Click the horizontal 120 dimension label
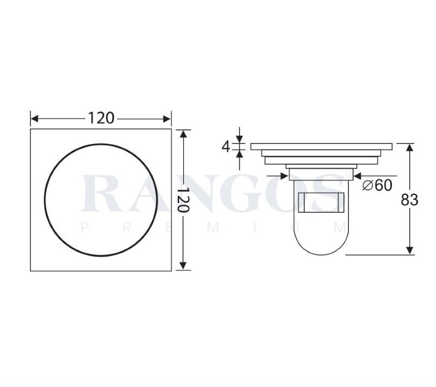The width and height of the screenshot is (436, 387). (101, 118)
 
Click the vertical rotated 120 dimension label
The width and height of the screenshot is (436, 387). (183, 200)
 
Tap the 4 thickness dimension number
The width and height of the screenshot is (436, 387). (226, 147)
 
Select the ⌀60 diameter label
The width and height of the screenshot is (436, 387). (377, 185)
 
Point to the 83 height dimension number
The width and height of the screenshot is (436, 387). (409, 200)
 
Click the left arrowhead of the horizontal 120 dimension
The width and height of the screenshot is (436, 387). (34, 119)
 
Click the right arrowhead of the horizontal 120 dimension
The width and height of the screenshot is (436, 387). (167, 119)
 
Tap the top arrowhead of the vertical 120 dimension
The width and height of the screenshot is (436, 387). (183, 134)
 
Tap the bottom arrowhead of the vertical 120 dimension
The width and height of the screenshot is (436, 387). (183, 266)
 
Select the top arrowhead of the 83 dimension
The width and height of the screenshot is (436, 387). (409, 147)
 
